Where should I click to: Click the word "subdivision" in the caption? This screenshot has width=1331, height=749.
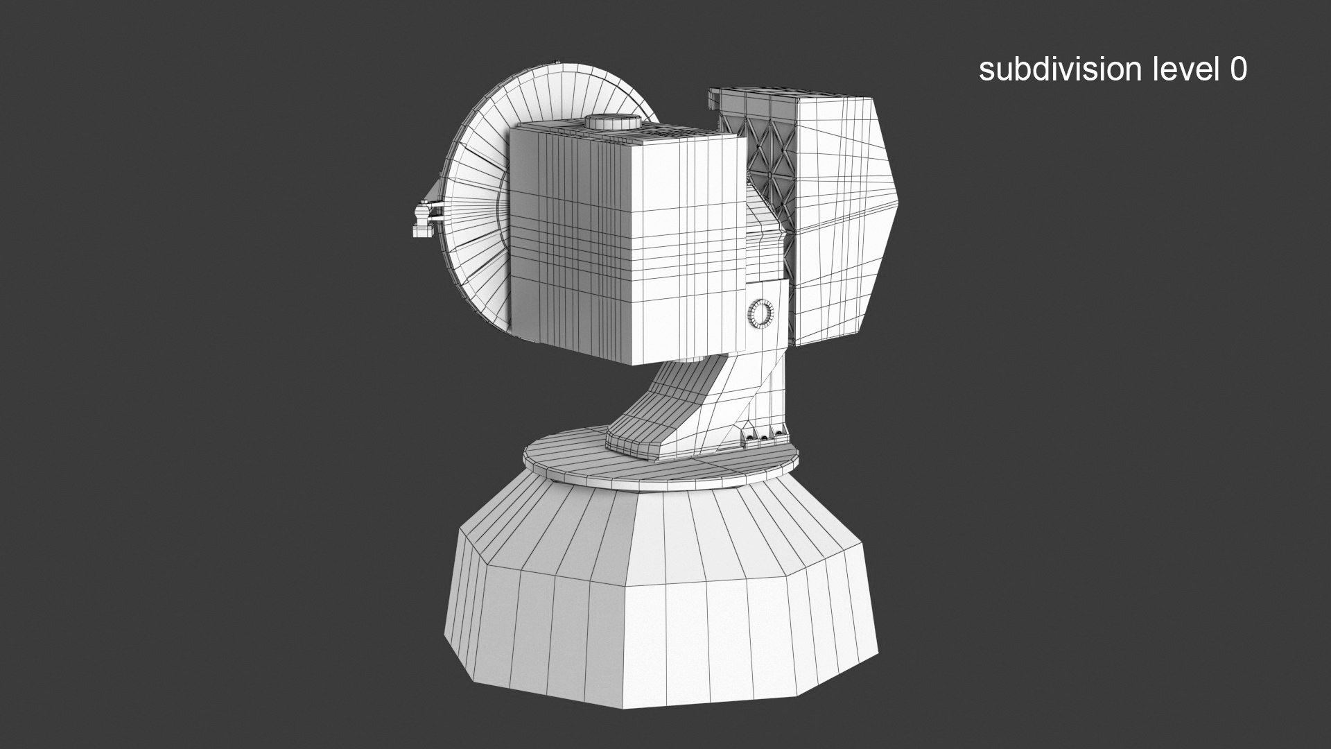[x=1050, y=69]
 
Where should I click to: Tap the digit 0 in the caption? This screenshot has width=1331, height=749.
[x=1238, y=69]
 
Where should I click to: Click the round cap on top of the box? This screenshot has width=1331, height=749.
[x=612, y=122]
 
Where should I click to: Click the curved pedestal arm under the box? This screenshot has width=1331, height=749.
[x=665, y=409]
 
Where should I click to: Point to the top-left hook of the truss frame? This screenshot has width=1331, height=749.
[x=714, y=97]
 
